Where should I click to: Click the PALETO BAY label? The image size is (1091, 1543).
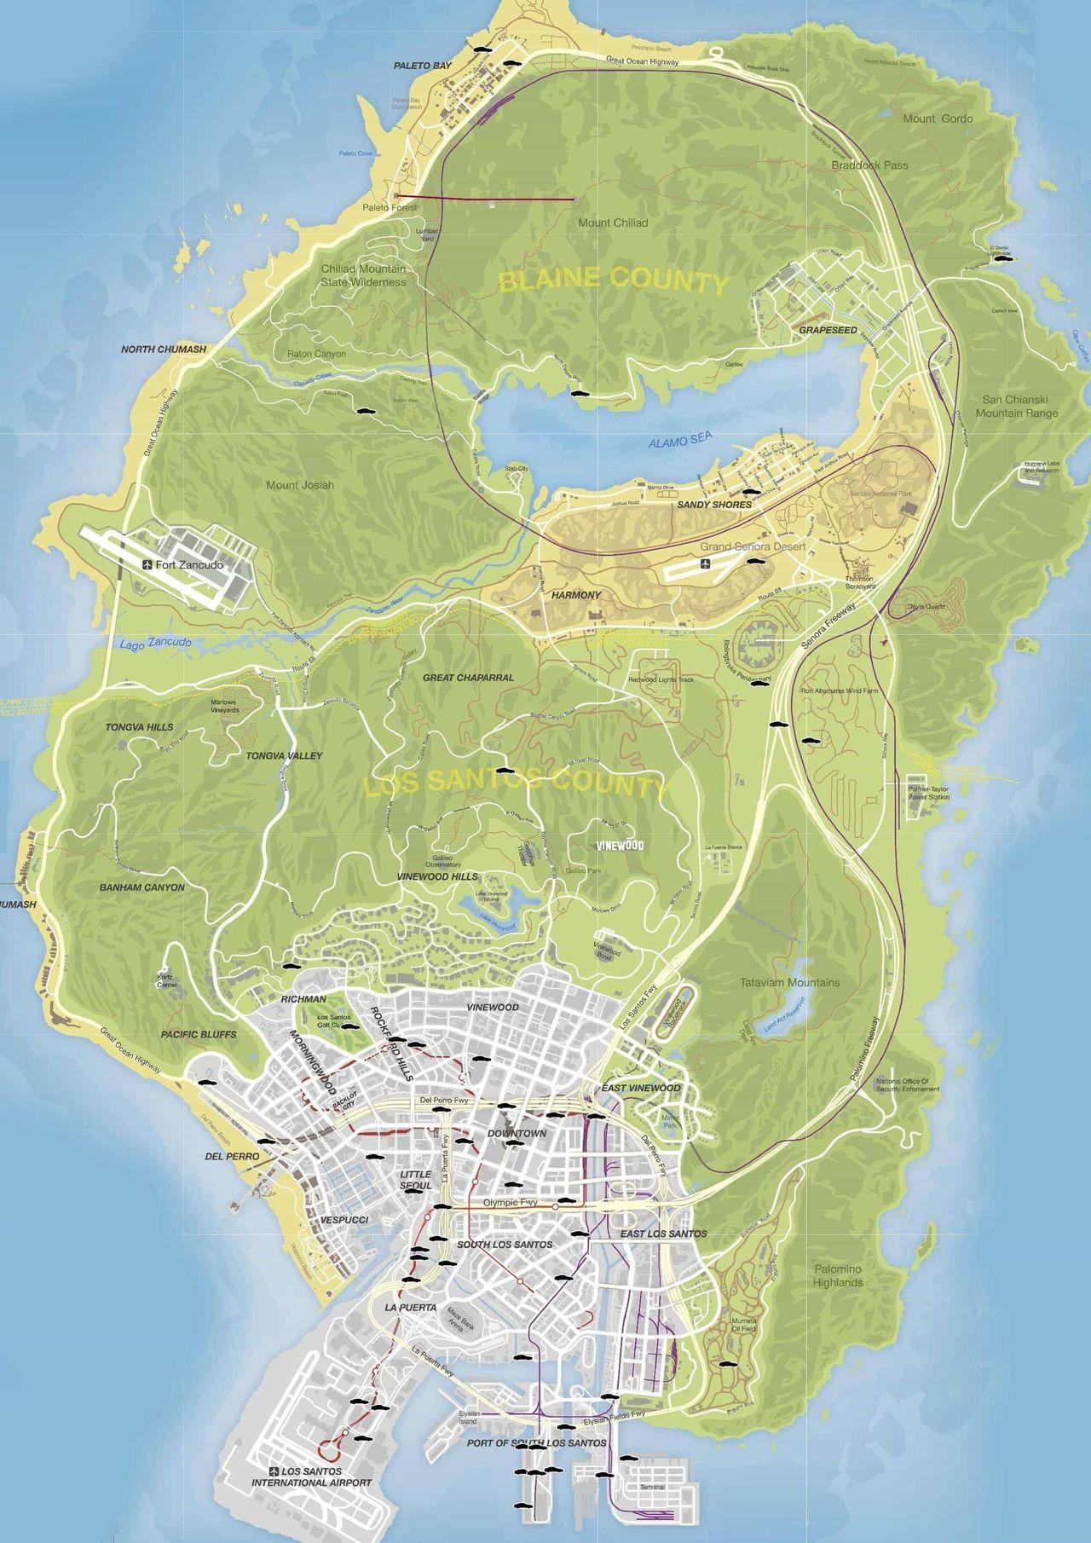pyautogui.click(x=422, y=66)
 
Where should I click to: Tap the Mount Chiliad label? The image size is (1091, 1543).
pyautogui.click(x=613, y=222)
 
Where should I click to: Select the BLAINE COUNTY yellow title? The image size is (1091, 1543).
pyautogui.click(x=614, y=280)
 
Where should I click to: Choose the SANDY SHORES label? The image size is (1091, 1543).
pyautogui.click(x=714, y=505)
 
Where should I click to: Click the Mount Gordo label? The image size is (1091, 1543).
pyautogui.click(x=938, y=118)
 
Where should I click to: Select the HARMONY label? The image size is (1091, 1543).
pyautogui.click(x=576, y=595)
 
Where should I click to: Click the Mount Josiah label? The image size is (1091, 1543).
pyautogui.click(x=300, y=485)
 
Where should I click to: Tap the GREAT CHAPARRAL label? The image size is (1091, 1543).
pyautogui.click(x=468, y=678)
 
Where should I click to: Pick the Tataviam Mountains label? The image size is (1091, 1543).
pyautogui.click(x=790, y=982)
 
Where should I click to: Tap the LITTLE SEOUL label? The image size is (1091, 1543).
pyautogui.click(x=416, y=1180)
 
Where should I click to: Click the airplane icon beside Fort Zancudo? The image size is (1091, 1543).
pyautogui.click(x=148, y=565)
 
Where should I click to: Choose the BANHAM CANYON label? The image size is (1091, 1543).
pyautogui.click(x=141, y=887)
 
